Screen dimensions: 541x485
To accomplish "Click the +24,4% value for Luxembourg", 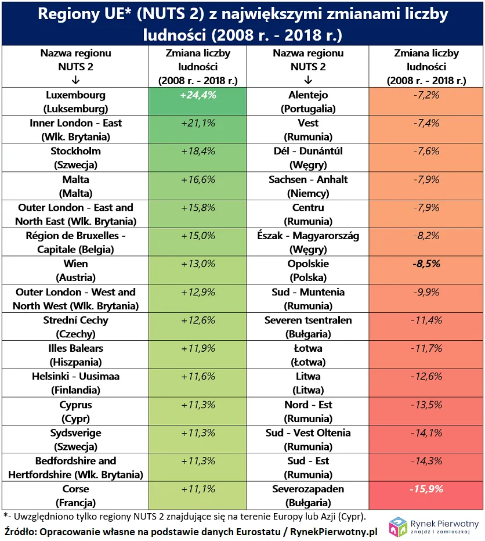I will coord(198,95).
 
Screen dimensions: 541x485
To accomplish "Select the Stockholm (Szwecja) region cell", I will coord(75,158).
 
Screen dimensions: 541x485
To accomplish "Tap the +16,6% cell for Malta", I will coord(198,180).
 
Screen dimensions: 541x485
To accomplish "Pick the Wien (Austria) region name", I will coord(75,270).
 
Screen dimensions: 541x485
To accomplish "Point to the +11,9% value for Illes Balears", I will coord(198,349).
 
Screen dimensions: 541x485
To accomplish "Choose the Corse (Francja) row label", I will coord(75,496).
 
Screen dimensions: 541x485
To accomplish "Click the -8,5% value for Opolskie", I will coord(425,264).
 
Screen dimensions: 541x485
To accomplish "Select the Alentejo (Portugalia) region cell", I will coord(308,102).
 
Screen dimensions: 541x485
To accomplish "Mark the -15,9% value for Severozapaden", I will coord(425,489).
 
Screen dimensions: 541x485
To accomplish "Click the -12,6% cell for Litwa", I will coord(425,377).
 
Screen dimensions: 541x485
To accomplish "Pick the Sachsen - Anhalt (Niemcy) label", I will coord(308,186).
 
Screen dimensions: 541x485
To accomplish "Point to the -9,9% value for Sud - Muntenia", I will coord(425,293).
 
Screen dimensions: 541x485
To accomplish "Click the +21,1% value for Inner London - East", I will coord(198,124).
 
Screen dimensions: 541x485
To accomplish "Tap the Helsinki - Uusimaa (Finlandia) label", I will coord(75,383).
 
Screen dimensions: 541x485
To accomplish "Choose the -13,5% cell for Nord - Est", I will coord(425,405).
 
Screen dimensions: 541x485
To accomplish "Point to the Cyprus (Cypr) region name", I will coord(75,412).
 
